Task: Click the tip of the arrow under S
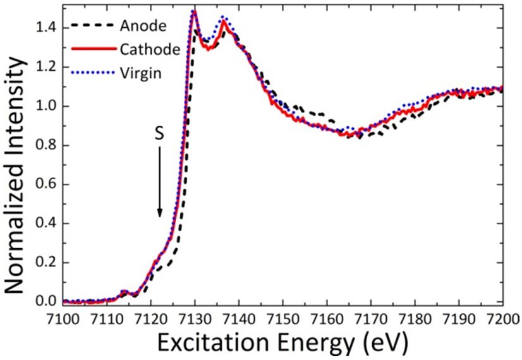(x=159, y=217)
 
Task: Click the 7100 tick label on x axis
(x=64, y=316)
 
